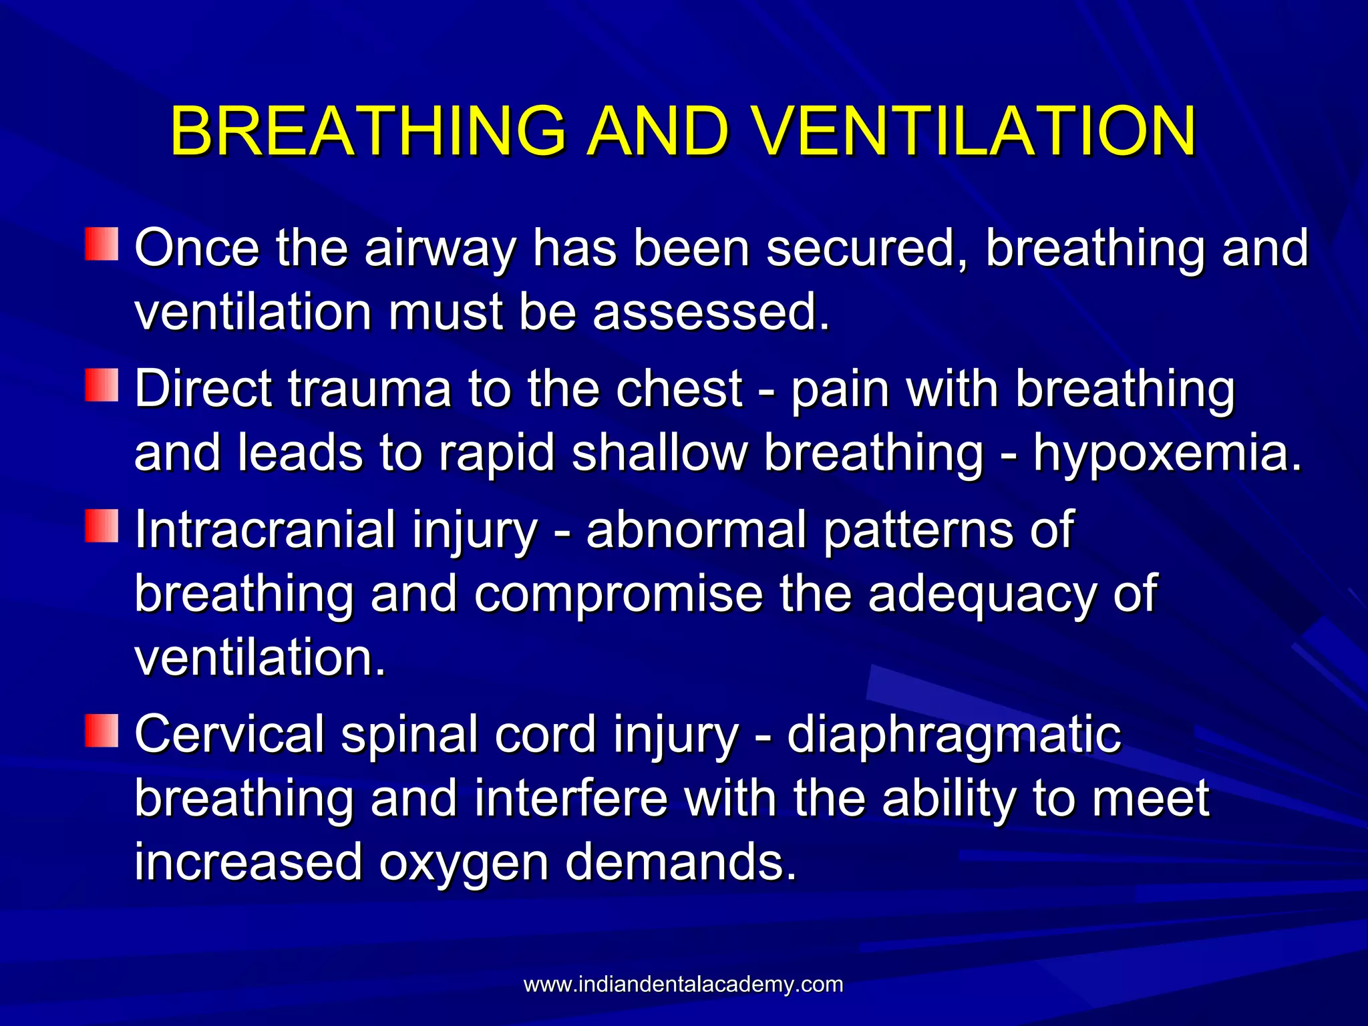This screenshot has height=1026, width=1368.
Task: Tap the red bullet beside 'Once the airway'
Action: pyautogui.click(x=102, y=244)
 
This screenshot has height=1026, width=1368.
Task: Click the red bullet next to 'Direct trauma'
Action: pyautogui.click(x=102, y=385)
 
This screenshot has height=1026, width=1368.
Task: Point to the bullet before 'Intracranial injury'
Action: pyautogui.click(x=102, y=526)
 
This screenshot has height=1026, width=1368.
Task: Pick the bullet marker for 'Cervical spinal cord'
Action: pyautogui.click(x=102, y=730)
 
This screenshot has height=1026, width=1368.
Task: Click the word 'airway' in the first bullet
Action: pyautogui.click(x=440, y=248)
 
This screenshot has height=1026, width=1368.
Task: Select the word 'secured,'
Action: pyautogui.click(x=868, y=248)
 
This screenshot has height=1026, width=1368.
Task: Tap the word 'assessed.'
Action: pyautogui.click(x=711, y=313)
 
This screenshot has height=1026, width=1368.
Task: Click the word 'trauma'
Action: pyautogui.click(x=370, y=389)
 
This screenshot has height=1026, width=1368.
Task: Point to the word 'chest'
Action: pyautogui.click(x=679, y=389)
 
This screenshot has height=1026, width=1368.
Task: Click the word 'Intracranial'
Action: pyautogui.click(x=265, y=530)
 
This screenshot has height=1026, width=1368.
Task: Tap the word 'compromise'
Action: pyautogui.click(x=618, y=594)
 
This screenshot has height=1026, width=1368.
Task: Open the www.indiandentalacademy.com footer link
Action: pyautogui.click(x=683, y=985)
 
